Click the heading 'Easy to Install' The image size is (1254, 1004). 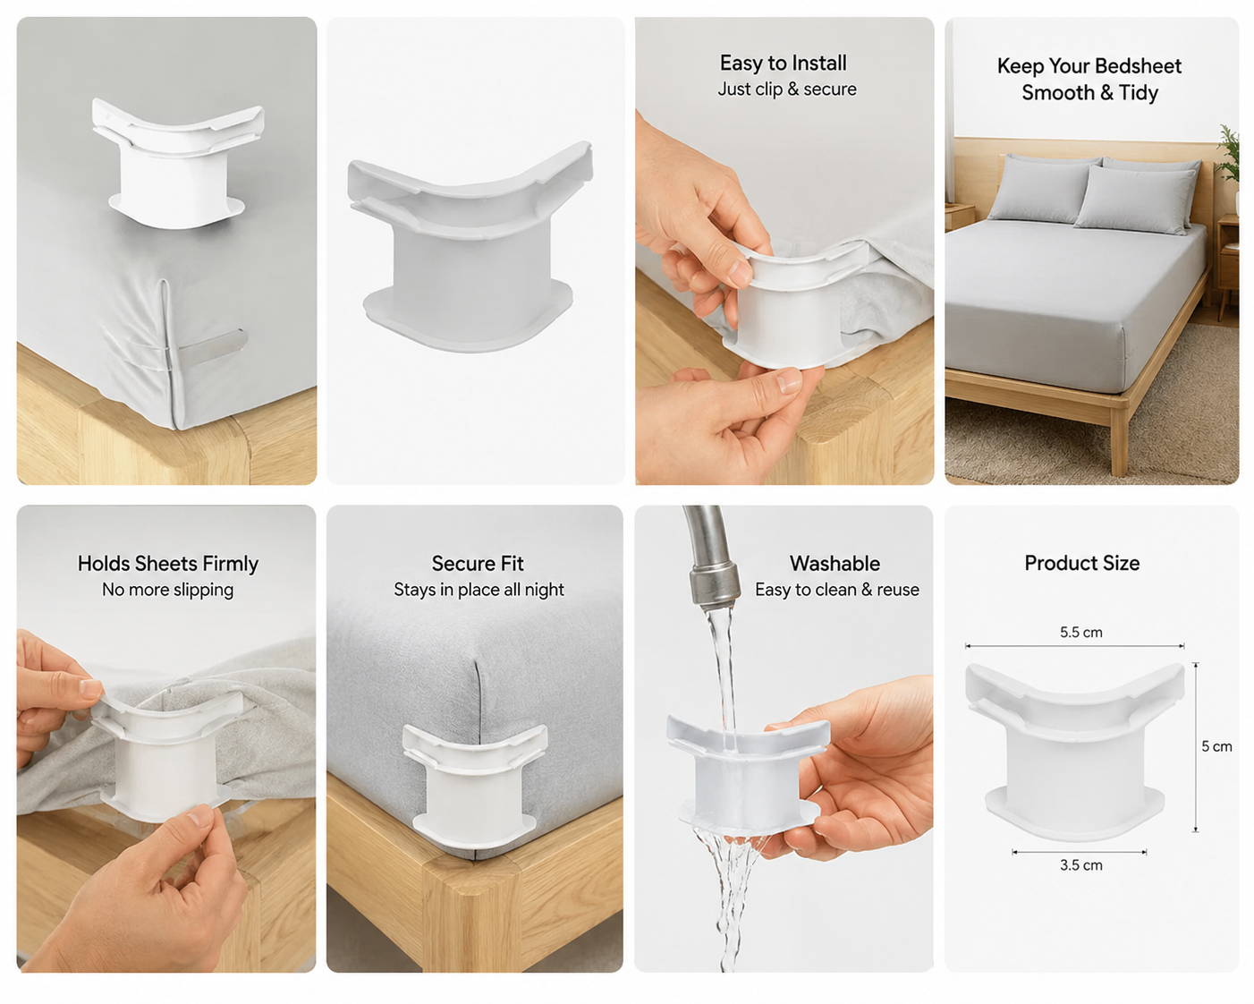[x=783, y=63]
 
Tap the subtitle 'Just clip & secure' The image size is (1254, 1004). [x=787, y=89]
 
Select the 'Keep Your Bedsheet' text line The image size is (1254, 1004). [x=1089, y=66]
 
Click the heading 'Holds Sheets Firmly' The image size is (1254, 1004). [x=168, y=564]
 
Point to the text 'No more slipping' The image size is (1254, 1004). [x=168, y=590]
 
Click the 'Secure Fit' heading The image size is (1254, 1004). [x=478, y=563]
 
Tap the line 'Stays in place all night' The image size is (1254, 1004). [x=479, y=590]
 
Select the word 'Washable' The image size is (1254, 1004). [x=835, y=563]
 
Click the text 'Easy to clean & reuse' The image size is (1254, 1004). [x=837, y=590]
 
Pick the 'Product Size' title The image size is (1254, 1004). [x=1081, y=563]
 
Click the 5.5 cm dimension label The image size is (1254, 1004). [x=1081, y=633]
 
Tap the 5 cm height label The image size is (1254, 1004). [x=1216, y=746]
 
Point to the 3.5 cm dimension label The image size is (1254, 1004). [x=1081, y=865]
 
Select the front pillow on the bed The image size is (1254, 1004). [x=1133, y=200]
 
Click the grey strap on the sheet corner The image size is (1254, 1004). [x=212, y=348]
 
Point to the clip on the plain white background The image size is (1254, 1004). [x=470, y=247]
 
